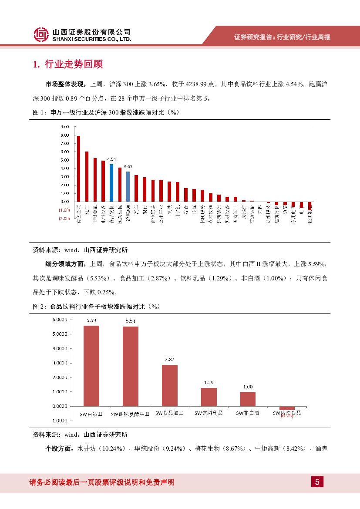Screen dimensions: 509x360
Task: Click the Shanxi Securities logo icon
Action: click(x=41, y=34)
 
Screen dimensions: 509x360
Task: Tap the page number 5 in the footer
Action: click(x=317, y=482)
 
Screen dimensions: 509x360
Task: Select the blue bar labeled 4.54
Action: click(x=111, y=183)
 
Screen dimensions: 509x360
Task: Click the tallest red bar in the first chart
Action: click(x=78, y=169)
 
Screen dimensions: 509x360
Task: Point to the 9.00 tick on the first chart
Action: click(x=65, y=127)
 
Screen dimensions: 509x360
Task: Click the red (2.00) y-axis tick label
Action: click(x=64, y=219)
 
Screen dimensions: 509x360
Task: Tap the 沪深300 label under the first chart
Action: click(x=128, y=211)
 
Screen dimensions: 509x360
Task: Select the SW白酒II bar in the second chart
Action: click(x=91, y=366)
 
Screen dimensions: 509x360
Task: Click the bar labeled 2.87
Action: click(x=169, y=385)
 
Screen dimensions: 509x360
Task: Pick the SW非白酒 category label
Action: click(x=248, y=413)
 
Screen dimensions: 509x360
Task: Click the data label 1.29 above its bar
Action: click(x=209, y=383)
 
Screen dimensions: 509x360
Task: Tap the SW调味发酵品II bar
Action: click(x=131, y=366)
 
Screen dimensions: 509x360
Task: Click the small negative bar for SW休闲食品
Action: click(x=287, y=408)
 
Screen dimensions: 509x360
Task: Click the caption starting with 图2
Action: click(x=97, y=307)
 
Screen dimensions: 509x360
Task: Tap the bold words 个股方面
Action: click(x=59, y=448)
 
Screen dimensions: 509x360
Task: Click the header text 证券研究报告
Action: click(x=252, y=37)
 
